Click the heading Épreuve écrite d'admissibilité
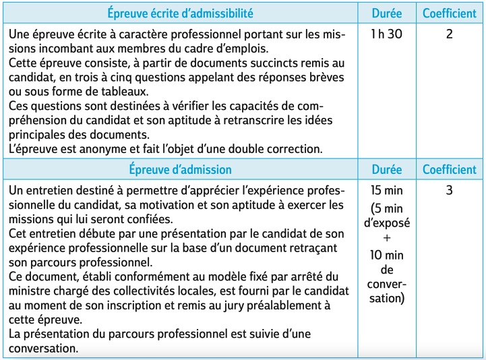click(180, 13)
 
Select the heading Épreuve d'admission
click(180, 170)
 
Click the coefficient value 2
click(449, 34)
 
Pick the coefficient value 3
click(449, 190)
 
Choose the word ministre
click(32, 291)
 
